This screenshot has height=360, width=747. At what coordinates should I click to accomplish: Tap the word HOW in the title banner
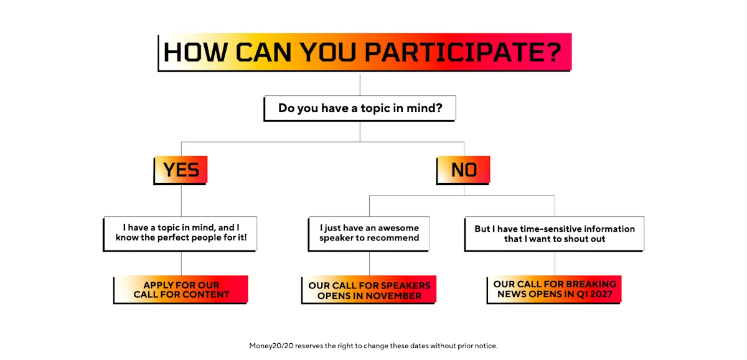coord(195,52)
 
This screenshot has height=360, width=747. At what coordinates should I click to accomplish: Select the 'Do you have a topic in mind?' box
coord(360,108)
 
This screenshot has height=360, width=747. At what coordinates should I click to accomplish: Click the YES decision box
coord(181,170)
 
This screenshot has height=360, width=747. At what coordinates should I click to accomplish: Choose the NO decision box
coord(463,170)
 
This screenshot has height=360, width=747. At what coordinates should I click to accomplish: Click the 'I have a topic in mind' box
coord(180,234)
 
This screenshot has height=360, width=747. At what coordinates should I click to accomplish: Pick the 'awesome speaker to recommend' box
coord(369,234)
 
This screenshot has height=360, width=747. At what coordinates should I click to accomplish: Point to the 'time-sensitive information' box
coord(554,234)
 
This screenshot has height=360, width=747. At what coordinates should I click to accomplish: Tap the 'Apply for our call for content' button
coord(181,290)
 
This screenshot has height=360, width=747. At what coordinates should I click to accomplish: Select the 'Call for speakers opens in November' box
coord(369,290)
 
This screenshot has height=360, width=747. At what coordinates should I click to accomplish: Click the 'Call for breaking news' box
coord(554,290)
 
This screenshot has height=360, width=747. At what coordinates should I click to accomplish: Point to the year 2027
coord(600,294)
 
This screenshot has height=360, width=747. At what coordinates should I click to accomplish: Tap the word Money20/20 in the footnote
coord(271,346)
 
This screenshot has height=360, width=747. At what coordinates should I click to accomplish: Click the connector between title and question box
coord(360,85)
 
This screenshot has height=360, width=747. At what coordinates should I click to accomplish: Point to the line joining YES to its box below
coord(181,200)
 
